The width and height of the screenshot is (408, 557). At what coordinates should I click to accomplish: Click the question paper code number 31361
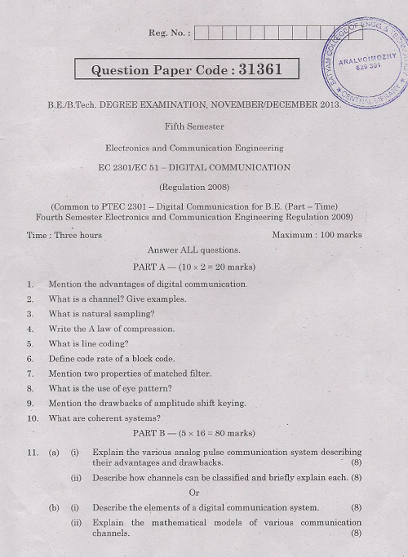259,69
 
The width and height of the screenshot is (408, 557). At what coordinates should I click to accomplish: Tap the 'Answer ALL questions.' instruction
194,250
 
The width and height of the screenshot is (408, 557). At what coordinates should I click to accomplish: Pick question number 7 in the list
30,374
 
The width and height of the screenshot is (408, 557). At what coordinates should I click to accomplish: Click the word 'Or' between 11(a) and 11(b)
194,492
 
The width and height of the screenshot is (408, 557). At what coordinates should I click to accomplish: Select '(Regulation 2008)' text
194,187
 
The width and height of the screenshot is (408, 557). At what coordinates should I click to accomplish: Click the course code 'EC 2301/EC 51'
127,167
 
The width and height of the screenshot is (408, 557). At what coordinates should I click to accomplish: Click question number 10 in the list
33,418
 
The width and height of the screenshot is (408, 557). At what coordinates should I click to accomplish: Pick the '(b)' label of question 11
54,507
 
